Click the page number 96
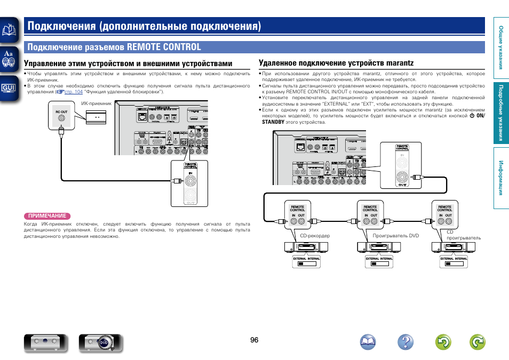click(x=254, y=340)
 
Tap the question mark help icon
click(x=405, y=342)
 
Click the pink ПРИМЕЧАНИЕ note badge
click(x=47, y=216)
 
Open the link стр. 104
click(x=74, y=92)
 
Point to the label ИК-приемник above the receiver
click(x=96, y=103)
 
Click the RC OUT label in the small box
click(x=61, y=112)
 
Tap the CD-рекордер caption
click(x=315, y=236)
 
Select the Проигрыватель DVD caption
click(x=388, y=236)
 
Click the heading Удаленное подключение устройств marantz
click(x=336, y=63)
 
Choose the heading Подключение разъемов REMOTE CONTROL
click(x=115, y=47)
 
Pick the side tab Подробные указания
click(x=501, y=113)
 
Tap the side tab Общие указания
click(x=501, y=48)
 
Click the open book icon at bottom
click(x=368, y=342)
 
